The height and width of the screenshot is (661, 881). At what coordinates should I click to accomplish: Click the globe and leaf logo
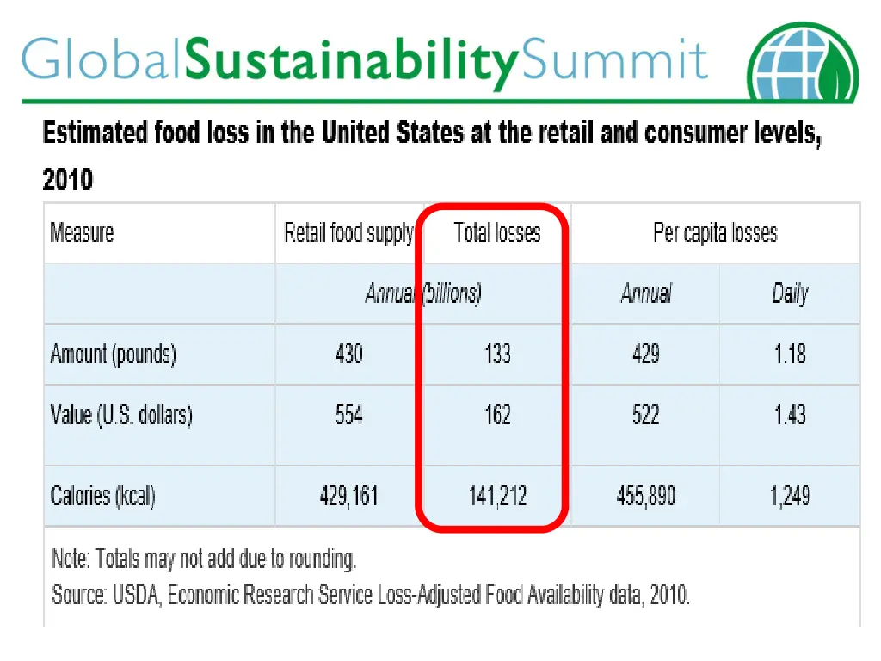click(x=803, y=62)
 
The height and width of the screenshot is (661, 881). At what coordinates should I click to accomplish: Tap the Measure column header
click(x=82, y=232)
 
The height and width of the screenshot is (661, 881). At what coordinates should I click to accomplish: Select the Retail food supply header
click(x=348, y=233)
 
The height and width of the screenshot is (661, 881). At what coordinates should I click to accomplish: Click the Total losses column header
click(x=497, y=233)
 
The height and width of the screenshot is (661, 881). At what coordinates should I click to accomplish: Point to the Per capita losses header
click(x=715, y=233)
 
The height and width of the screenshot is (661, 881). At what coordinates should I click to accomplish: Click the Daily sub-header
click(x=790, y=293)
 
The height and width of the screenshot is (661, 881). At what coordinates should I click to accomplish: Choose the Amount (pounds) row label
click(x=113, y=354)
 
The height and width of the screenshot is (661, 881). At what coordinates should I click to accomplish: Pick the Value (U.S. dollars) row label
click(x=121, y=415)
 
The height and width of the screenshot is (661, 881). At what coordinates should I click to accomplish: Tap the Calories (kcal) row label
click(x=103, y=496)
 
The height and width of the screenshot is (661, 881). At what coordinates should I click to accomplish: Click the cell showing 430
click(x=348, y=354)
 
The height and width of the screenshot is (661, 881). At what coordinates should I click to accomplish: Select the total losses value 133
click(x=497, y=354)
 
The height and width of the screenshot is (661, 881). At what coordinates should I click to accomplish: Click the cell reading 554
click(x=348, y=415)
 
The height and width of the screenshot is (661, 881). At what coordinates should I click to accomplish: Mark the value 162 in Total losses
click(x=497, y=415)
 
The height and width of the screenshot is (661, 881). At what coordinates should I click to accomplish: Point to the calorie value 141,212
click(x=497, y=496)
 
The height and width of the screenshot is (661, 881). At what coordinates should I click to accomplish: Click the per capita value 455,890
click(x=645, y=496)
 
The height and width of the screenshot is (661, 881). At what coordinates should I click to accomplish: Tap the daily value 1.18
click(x=789, y=354)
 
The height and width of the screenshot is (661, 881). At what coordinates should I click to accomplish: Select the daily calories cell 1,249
click(x=789, y=496)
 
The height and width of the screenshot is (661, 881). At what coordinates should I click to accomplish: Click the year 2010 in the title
click(x=67, y=180)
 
